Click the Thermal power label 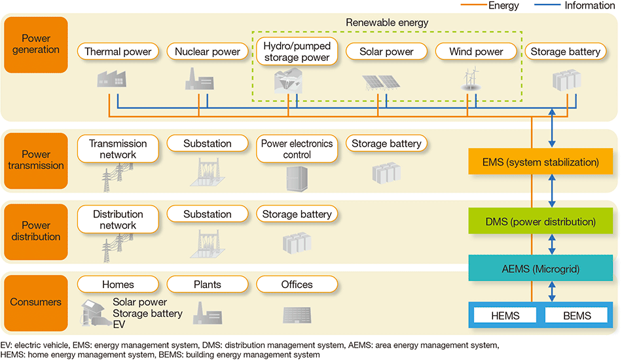click(x=118, y=52)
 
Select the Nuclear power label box click(x=208, y=52)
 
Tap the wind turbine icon click(x=471, y=79)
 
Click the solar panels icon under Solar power click(x=381, y=82)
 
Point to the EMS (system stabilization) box click(x=540, y=162)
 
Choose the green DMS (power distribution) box click(x=540, y=221)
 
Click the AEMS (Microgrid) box click(x=540, y=268)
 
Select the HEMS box click(x=505, y=315)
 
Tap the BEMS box click(x=577, y=315)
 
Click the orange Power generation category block click(x=36, y=45)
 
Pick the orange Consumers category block click(x=36, y=302)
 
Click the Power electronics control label click(x=297, y=149)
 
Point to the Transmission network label click(x=118, y=149)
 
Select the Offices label click(x=297, y=284)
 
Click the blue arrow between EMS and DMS click(x=552, y=191)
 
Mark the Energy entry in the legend click(x=490, y=5)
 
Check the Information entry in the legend click(x=575, y=5)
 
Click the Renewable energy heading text click(x=387, y=23)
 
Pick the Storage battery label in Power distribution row click(x=297, y=214)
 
